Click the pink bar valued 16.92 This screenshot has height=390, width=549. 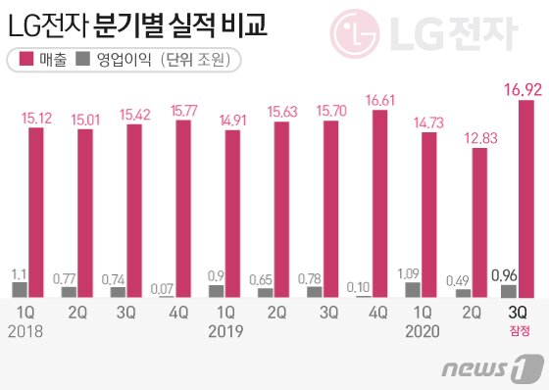coord(525,198)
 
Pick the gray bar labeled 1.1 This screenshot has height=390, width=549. coord(19,289)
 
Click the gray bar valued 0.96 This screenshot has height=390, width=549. coord(509,290)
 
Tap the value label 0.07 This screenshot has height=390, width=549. coord(167,286)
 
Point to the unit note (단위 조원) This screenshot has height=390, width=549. coord(200,61)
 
